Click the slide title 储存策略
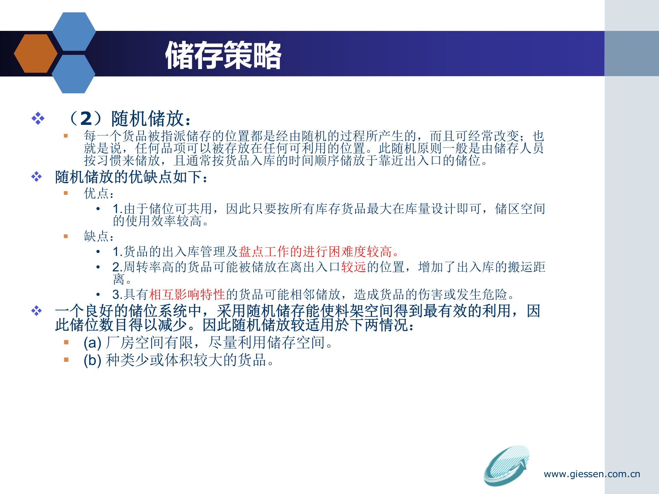click(223, 55)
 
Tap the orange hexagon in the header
click(35, 54)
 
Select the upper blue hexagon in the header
click(74, 32)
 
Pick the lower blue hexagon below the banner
click(73, 74)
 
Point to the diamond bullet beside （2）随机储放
click(38, 118)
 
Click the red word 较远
click(354, 267)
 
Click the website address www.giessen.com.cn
click(592, 474)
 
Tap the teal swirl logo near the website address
click(506, 466)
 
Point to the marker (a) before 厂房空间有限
click(92, 343)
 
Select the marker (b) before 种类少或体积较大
click(92, 360)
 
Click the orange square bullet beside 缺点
click(66, 236)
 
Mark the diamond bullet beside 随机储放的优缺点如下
click(36, 177)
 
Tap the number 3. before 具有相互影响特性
click(117, 295)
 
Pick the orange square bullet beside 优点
click(66, 193)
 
